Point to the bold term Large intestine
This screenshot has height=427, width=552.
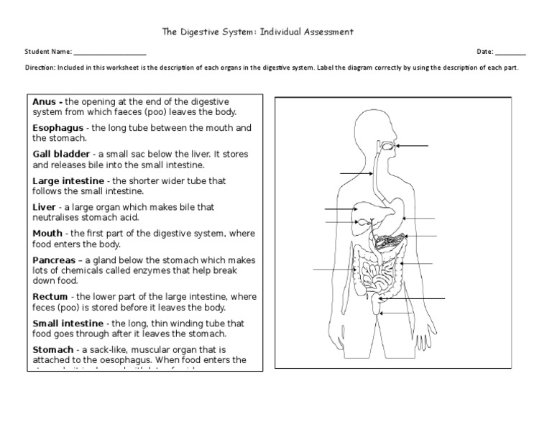point(69,181)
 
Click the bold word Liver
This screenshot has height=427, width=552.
point(45,207)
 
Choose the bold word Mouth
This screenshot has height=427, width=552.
point(48,234)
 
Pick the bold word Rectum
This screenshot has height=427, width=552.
point(50,296)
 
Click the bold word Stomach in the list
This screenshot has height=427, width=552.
point(52,349)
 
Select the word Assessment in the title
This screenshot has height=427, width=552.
point(323,32)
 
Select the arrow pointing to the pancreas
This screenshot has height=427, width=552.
point(421,236)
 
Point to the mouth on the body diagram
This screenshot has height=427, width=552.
point(389,146)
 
